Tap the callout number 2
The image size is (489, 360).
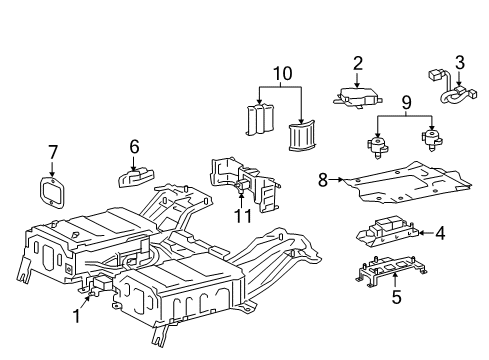[x=357, y=64]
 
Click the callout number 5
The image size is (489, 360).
[x=395, y=296]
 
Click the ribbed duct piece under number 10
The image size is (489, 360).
[x=300, y=135]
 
